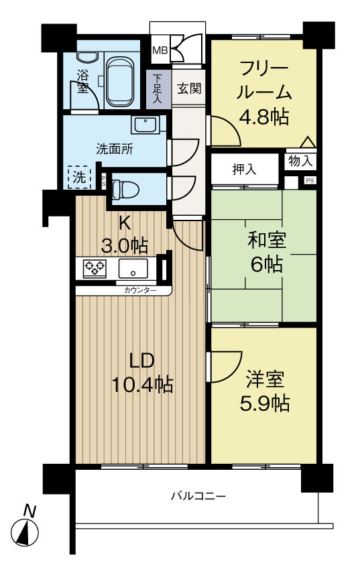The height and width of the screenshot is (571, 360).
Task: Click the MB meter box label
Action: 160,50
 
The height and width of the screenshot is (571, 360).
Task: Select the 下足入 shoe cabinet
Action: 158,88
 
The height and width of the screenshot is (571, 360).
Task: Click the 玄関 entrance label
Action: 190,88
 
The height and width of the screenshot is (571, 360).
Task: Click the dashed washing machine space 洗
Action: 78,178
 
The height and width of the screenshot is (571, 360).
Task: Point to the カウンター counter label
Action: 140,290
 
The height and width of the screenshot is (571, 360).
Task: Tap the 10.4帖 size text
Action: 142,385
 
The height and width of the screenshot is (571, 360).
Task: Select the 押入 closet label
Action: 244,169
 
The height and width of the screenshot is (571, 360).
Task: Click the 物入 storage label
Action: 300,161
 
